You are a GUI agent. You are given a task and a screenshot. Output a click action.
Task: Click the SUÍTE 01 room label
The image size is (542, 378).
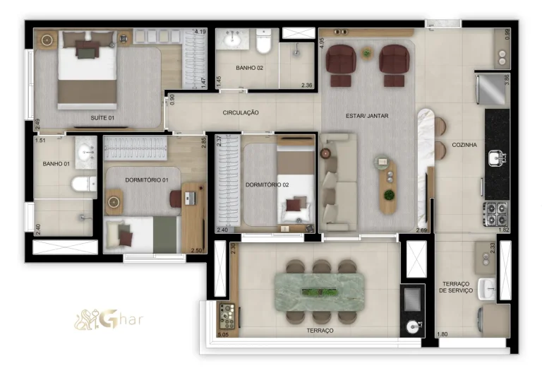click(102, 117)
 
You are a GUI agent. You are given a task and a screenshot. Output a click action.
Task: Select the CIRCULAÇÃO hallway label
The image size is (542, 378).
click(241, 112)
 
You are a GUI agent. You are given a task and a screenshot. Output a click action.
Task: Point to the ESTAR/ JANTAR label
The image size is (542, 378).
click(367, 116)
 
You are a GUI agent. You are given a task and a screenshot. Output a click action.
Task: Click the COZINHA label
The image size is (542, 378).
click(464, 145)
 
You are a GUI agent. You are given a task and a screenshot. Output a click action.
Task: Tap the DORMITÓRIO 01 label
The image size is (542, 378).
click(147, 180)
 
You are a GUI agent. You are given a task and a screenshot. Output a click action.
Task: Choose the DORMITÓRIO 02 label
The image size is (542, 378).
click(267, 184)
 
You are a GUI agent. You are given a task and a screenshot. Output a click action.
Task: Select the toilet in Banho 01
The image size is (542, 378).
click(83, 184)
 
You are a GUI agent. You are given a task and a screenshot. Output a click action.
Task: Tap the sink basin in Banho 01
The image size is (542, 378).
click(86, 151)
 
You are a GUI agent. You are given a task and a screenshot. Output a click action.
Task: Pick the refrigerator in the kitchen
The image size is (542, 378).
click(490, 88)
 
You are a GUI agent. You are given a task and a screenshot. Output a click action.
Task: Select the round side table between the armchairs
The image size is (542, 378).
click(366, 53)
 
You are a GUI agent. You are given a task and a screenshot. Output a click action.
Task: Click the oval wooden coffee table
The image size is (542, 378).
click(387, 185)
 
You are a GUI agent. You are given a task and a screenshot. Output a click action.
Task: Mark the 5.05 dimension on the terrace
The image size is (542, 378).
click(223, 334)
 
